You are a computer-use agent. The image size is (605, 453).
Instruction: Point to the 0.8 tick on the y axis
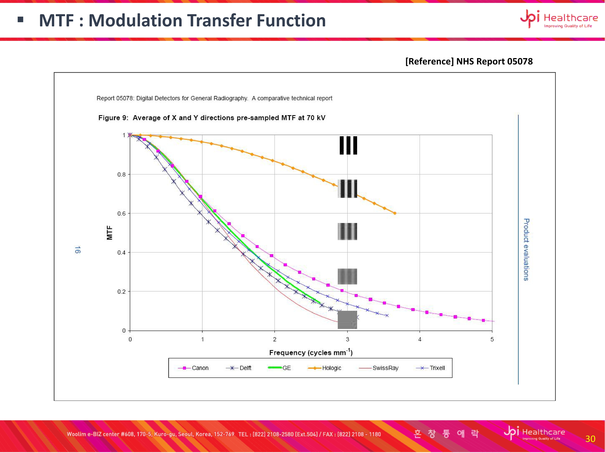click(x=121, y=175)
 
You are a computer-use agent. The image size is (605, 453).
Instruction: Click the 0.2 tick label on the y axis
click(x=121, y=292)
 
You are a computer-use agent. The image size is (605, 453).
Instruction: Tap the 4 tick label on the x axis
click(x=420, y=339)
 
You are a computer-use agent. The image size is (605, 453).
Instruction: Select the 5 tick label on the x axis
click(x=492, y=339)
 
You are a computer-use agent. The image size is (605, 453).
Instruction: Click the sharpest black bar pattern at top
click(x=348, y=145)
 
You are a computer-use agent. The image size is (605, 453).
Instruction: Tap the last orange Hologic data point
click(x=395, y=213)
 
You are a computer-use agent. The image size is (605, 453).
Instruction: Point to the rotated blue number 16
click(x=78, y=250)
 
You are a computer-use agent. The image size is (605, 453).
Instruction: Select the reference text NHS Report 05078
click(x=469, y=61)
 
